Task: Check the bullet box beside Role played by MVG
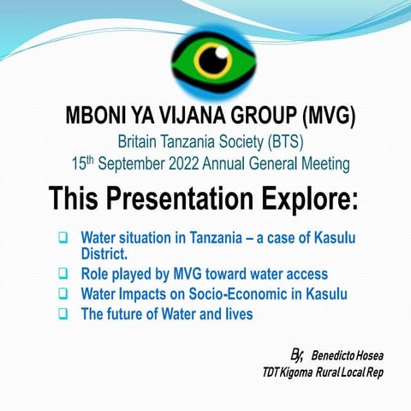[63, 275]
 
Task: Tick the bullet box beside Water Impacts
[63, 295]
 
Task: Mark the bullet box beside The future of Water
[63, 314]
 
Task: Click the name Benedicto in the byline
[332, 354]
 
